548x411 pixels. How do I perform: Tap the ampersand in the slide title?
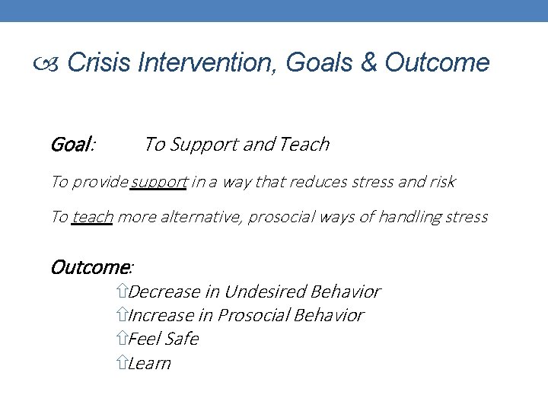click(368, 63)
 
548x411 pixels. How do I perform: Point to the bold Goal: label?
click(72, 144)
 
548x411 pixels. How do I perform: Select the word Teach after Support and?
click(304, 144)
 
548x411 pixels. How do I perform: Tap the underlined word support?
click(159, 182)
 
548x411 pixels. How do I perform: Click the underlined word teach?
click(92, 217)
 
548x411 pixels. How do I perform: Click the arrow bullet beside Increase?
click(123, 315)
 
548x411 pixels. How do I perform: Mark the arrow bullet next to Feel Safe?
click(123, 339)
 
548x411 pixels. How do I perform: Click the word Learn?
click(150, 363)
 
